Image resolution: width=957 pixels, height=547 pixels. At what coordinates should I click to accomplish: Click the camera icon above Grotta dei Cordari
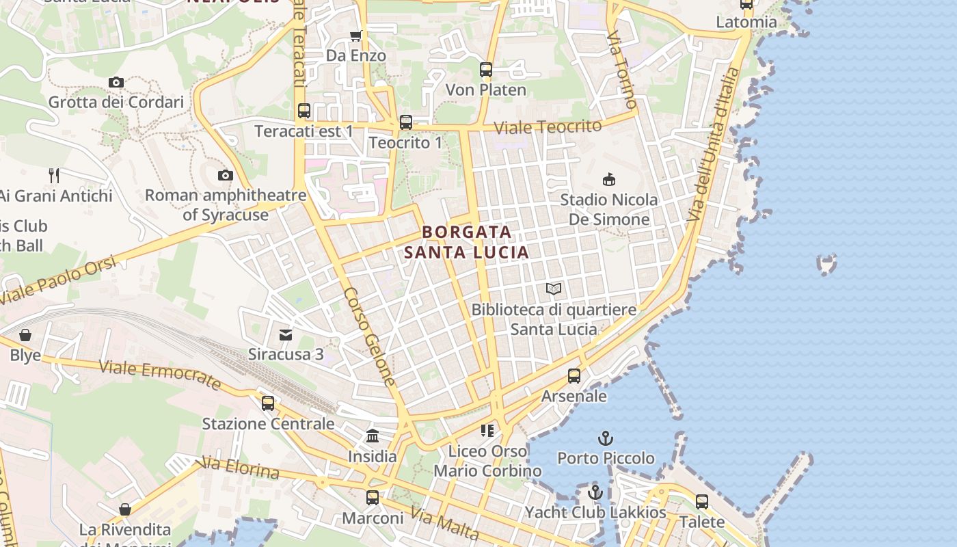(116, 83)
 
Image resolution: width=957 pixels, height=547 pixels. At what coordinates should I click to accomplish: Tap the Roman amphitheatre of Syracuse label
(226, 204)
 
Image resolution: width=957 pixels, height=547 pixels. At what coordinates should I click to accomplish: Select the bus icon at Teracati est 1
(304, 110)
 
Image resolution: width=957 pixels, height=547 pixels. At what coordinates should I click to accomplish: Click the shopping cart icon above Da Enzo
(355, 36)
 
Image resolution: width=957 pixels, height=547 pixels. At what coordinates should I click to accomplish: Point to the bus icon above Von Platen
(486, 70)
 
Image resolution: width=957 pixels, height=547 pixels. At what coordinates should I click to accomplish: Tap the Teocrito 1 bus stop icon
(406, 122)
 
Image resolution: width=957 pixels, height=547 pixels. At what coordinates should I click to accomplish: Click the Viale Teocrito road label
(548, 126)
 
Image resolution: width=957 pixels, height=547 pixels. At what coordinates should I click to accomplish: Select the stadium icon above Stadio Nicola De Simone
(608, 180)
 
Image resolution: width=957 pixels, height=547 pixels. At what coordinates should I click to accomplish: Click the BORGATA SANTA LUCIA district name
(467, 242)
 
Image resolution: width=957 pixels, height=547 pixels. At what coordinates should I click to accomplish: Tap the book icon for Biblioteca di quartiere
(554, 289)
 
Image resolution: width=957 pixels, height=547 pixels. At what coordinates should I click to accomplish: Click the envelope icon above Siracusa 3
(286, 335)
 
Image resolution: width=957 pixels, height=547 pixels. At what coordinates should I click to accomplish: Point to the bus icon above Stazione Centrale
(268, 403)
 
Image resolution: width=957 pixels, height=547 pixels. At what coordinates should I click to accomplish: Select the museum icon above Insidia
(373, 436)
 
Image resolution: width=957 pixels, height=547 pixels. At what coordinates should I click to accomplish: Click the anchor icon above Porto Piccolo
(606, 438)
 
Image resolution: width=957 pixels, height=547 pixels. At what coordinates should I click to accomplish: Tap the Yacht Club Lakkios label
(595, 512)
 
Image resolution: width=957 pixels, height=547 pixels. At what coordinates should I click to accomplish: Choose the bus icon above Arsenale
(574, 376)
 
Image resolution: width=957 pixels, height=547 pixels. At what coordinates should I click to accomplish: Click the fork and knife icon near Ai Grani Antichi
(55, 176)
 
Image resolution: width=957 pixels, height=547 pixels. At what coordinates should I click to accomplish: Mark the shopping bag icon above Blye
(25, 335)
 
